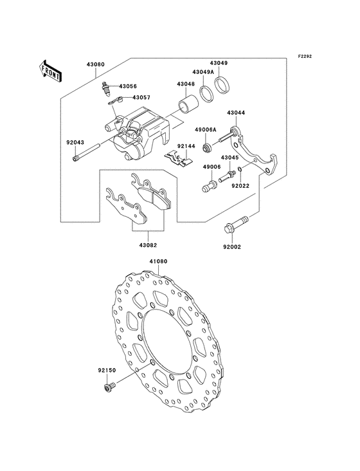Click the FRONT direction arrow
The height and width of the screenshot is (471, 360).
pyautogui.click(x=50, y=71)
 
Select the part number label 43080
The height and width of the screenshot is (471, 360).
pyautogui.click(x=96, y=64)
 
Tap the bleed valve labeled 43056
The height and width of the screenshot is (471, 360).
pyautogui.click(x=105, y=88)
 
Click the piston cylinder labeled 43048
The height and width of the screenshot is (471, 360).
pyautogui.click(x=188, y=104)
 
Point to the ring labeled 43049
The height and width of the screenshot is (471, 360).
pyautogui.click(x=222, y=86)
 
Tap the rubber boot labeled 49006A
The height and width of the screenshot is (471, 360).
pyautogui.click(x=207, y=147)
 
